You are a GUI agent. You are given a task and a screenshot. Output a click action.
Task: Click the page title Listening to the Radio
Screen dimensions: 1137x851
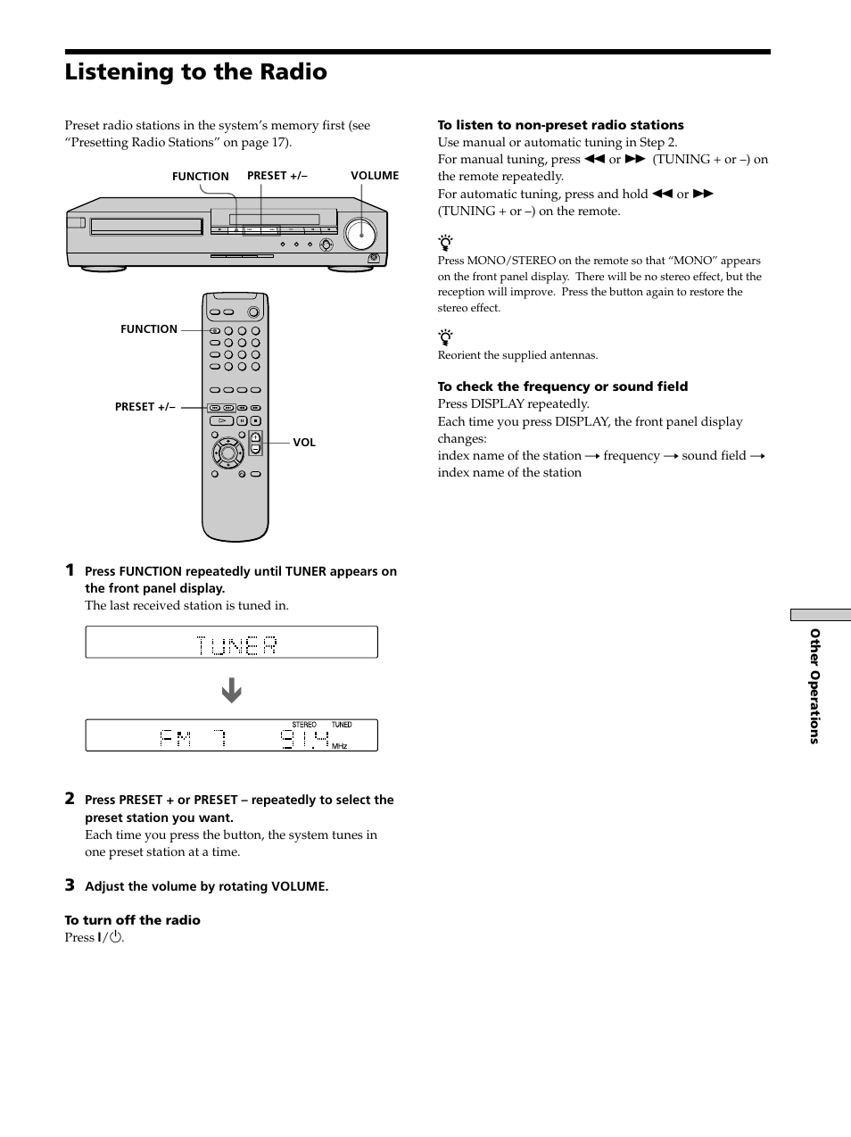pos(195,71)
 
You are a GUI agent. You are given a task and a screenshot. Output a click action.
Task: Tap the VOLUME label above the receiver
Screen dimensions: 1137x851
pos(375,176)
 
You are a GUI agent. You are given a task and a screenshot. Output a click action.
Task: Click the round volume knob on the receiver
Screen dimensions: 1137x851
pos(360,233)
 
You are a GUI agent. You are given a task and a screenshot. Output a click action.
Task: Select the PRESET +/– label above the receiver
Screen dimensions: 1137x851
pos(277,176)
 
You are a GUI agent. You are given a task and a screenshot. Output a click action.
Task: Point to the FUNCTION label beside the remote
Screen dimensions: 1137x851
pos(149,329)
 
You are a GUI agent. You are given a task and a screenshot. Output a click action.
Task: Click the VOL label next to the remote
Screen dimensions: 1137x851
pos(304,443)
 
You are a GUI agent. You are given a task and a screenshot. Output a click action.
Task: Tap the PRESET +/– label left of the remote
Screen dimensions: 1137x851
pos(145,407)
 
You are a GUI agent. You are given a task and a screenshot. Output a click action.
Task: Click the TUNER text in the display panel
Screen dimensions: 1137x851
pos(236,645)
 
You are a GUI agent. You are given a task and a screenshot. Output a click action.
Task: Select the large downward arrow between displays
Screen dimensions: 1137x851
pos(232,691)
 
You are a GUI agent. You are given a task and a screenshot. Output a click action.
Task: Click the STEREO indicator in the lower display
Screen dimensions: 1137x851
pos(304,725)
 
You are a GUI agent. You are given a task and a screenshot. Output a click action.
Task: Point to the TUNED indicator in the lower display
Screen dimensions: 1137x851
pos(342,725)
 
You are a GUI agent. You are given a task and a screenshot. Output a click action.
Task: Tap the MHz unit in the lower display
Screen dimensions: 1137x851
pos(339,746)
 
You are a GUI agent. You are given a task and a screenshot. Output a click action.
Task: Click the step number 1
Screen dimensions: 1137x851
pos(70,570)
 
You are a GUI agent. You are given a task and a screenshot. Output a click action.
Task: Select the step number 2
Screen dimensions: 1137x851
pos(70,799)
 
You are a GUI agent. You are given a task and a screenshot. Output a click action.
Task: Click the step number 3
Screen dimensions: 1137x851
pos(70,885)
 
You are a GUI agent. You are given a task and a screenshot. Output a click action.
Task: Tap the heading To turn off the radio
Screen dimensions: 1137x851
pos(132,920)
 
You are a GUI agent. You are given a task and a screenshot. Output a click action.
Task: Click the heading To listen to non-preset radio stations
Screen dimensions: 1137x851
pos(560,125)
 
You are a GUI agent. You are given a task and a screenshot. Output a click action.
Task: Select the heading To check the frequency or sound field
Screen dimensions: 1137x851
pos(562,386)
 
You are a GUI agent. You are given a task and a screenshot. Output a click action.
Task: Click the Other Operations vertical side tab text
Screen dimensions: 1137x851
pos(814,685)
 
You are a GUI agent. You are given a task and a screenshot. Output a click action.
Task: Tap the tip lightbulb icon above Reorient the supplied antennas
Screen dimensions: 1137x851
pos(446,337)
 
